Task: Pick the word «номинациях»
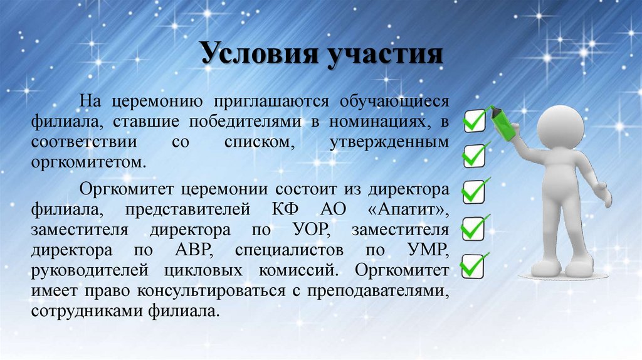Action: click(374, 121)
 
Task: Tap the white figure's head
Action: click(561, 125)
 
